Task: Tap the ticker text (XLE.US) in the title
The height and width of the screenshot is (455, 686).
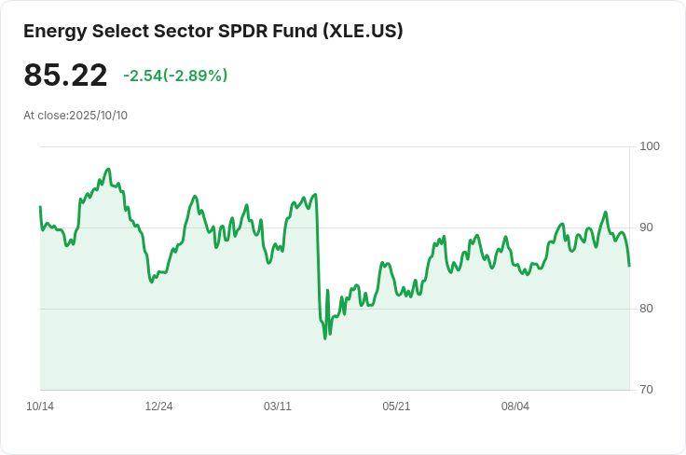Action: pyautogui.click(x=363, y=31)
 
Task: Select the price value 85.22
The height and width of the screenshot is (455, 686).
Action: pyautogui.click(x=65, y=76)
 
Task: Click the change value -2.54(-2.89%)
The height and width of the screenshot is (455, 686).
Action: pyautogui.click(x=175, y=76)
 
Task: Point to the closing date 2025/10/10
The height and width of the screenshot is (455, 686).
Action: pyautogui.click(x=98, y=116)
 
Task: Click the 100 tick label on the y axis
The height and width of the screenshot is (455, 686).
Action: pyautogui.click(x=650, y=146)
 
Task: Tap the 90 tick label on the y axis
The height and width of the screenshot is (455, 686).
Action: pyautogui.click(x=647, y=227)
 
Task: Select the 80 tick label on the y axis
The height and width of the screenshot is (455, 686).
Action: pyautogui.click(x=647, y=309)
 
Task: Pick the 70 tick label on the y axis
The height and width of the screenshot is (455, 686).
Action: pyautogui.click(x=647, y=390)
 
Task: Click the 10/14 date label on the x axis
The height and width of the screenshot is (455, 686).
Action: pyautogui.click(x=40, y=407)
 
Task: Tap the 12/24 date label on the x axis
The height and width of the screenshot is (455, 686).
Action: pyautogui.click(x=158, y=407)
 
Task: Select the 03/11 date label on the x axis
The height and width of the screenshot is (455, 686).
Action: pyautogui.click(x=278, y=407)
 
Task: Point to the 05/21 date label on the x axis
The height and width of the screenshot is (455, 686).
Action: pyautogui.click(x=396, y=407)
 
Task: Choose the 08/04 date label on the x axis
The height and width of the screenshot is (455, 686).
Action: pyautogui.click(x=515, y=407)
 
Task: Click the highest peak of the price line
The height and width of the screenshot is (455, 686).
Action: pyautogui.click(x=109, y=169)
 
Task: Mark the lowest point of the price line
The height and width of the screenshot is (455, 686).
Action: pyautogui.click(x=325, y=338)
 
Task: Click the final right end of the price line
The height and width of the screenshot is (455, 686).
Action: pyautogui.click(x=629, y=266)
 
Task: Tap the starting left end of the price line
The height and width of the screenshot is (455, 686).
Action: pyautogui.click(x=40, y=207)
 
